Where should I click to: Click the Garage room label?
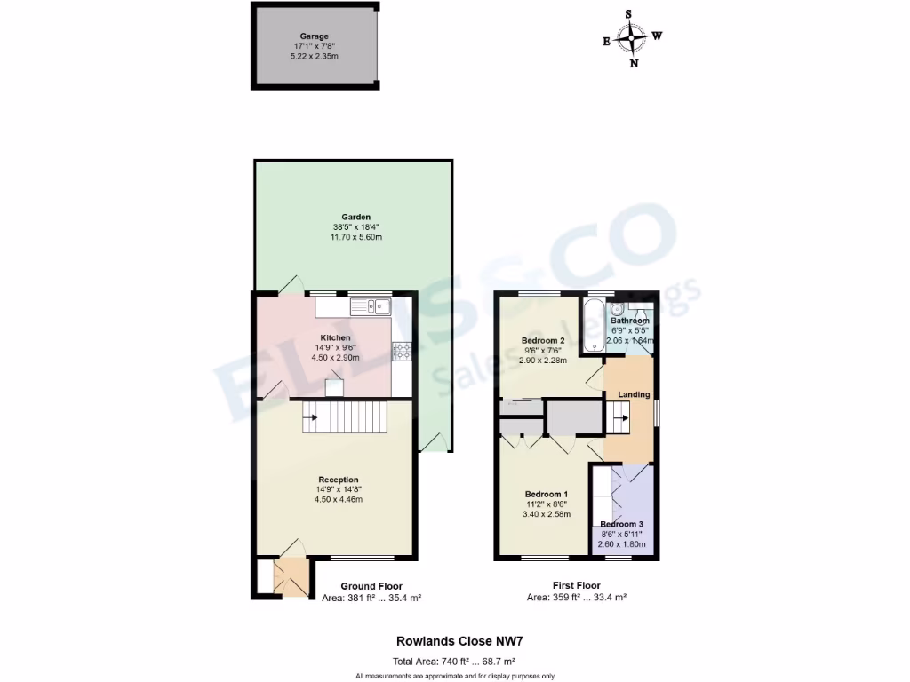point(314,36)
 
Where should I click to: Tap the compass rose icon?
point(632,38)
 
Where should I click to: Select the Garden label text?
point(355,217)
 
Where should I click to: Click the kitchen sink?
point(372,307)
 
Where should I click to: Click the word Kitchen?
point(335,338)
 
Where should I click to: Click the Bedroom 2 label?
point(543,341)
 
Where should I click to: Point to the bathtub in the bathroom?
point(593,326)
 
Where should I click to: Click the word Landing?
point(634,394)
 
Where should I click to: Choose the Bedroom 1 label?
point(546,494)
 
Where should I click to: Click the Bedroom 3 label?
point(621,525)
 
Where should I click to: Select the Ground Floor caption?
point(371,586)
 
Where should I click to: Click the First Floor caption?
point(576,585)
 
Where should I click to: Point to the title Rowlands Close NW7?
point(454,640)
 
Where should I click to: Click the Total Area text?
point(454,662)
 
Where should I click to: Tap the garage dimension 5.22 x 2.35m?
point(314,56)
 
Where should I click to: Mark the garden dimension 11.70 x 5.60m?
point(355,237)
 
